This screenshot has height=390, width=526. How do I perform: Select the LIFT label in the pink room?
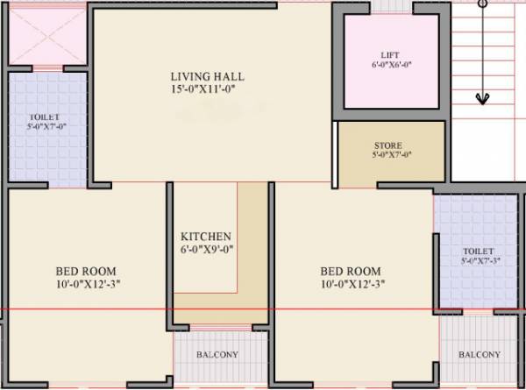pos(390,54)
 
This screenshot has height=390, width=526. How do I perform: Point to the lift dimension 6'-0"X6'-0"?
pos(390,65)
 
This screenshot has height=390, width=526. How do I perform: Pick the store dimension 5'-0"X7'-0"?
pos(392,155)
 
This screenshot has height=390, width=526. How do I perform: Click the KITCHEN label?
pos(206,237)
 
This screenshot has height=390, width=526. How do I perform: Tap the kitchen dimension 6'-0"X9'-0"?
pos(206,250)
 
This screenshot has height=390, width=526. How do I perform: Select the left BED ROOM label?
pos(86,271)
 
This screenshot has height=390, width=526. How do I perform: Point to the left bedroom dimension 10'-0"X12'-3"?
pos(86,284)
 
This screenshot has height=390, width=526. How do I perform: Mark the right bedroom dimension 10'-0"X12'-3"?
pos(351,283)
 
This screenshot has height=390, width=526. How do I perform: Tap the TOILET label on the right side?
pos(478,251)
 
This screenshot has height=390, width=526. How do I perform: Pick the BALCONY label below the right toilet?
pos(480,355)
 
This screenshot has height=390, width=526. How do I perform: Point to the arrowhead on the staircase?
pos(481,97)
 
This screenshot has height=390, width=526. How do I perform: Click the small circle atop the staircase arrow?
pos(481,4)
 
